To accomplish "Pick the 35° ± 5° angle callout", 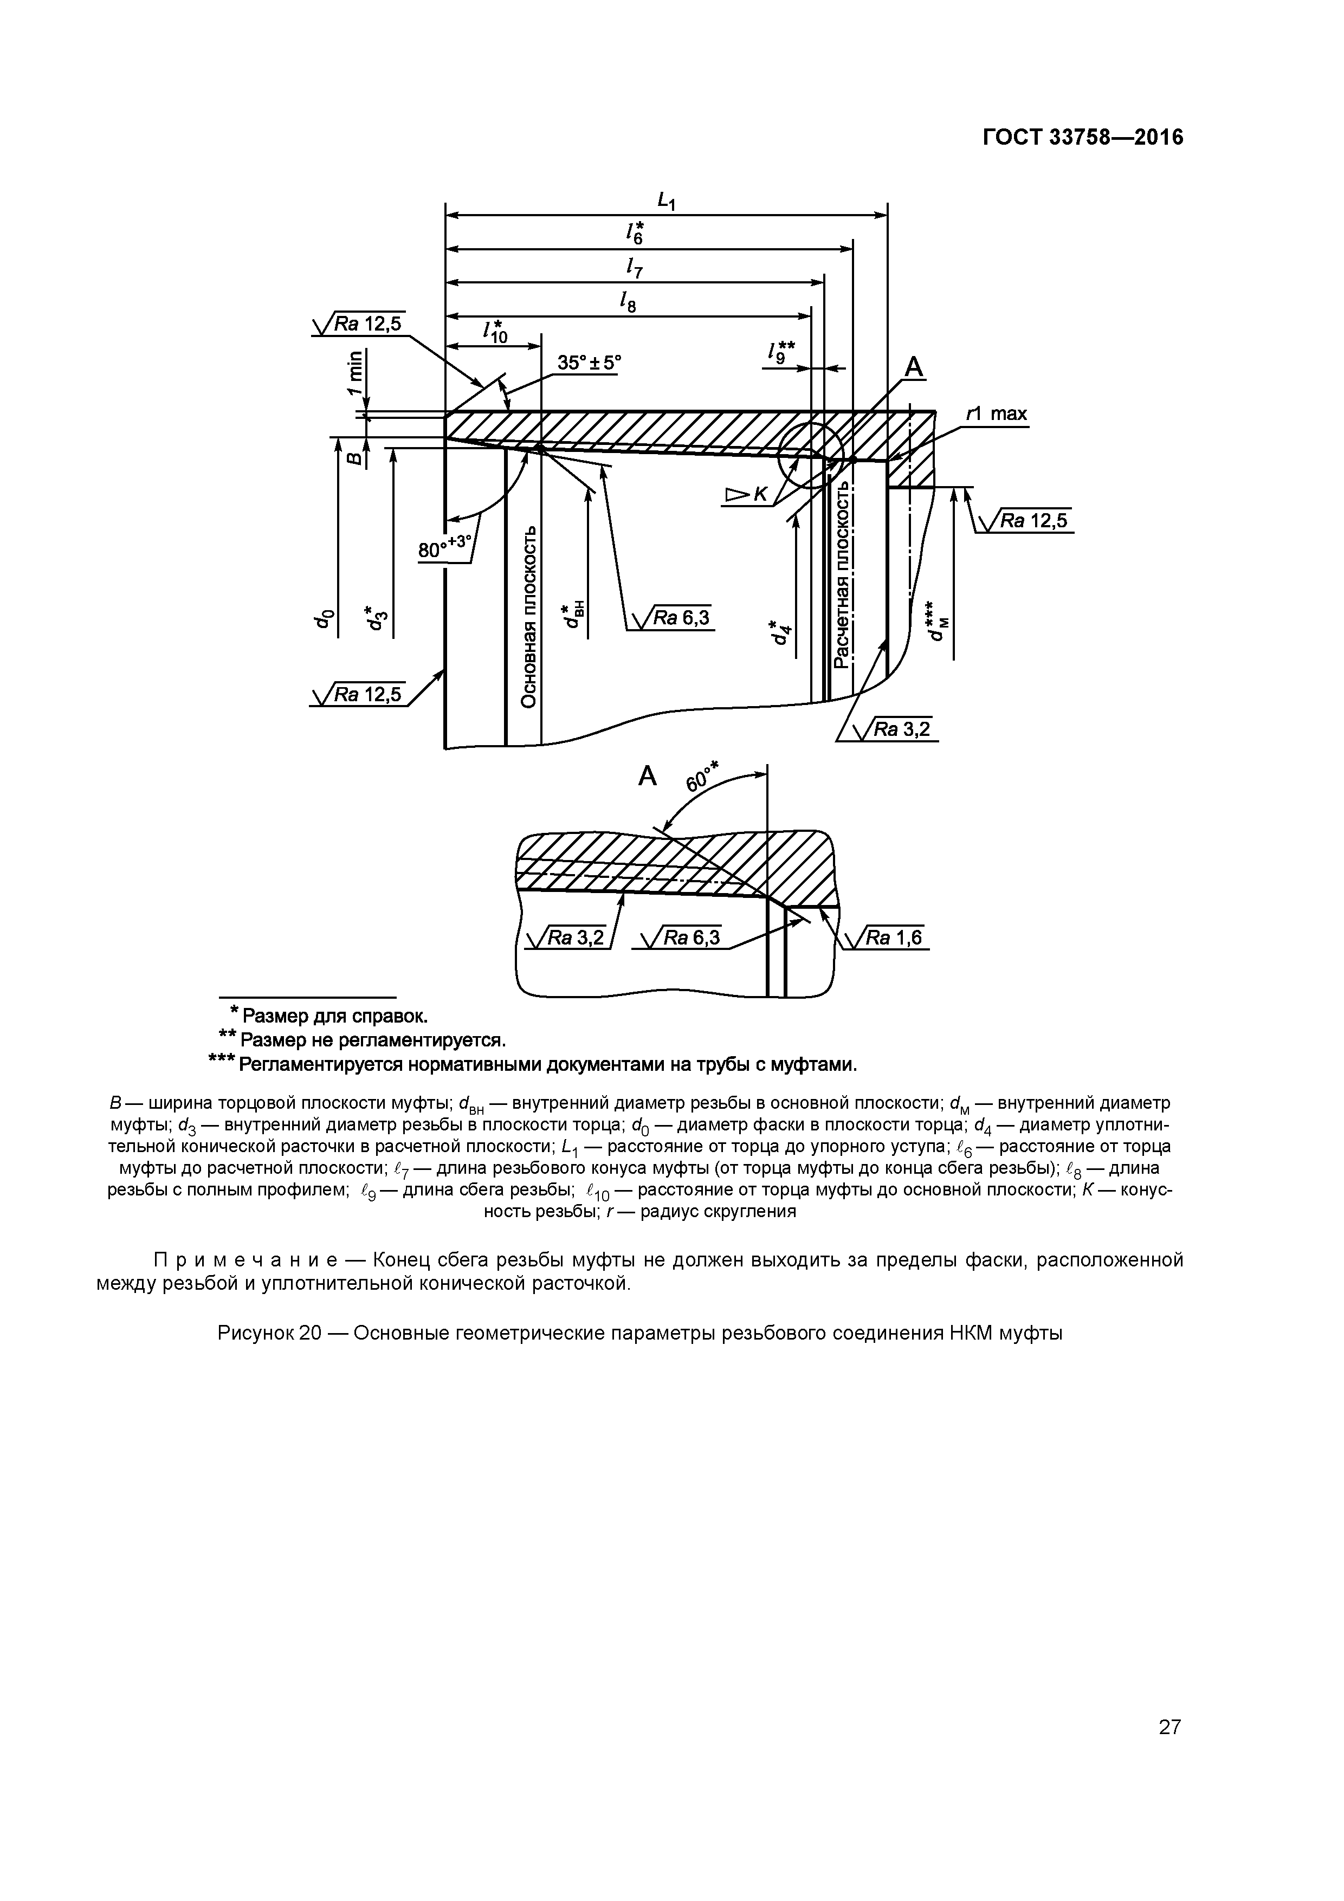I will click(x=588, y=363).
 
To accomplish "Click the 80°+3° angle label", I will click(x=445, y=547).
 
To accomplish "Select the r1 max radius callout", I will click(x=997, y=413).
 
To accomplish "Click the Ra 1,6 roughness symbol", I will click(x=891, y=937).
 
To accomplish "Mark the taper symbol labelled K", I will click(x=746, y=495).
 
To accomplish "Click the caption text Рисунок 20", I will click(x=269, y=1333).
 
